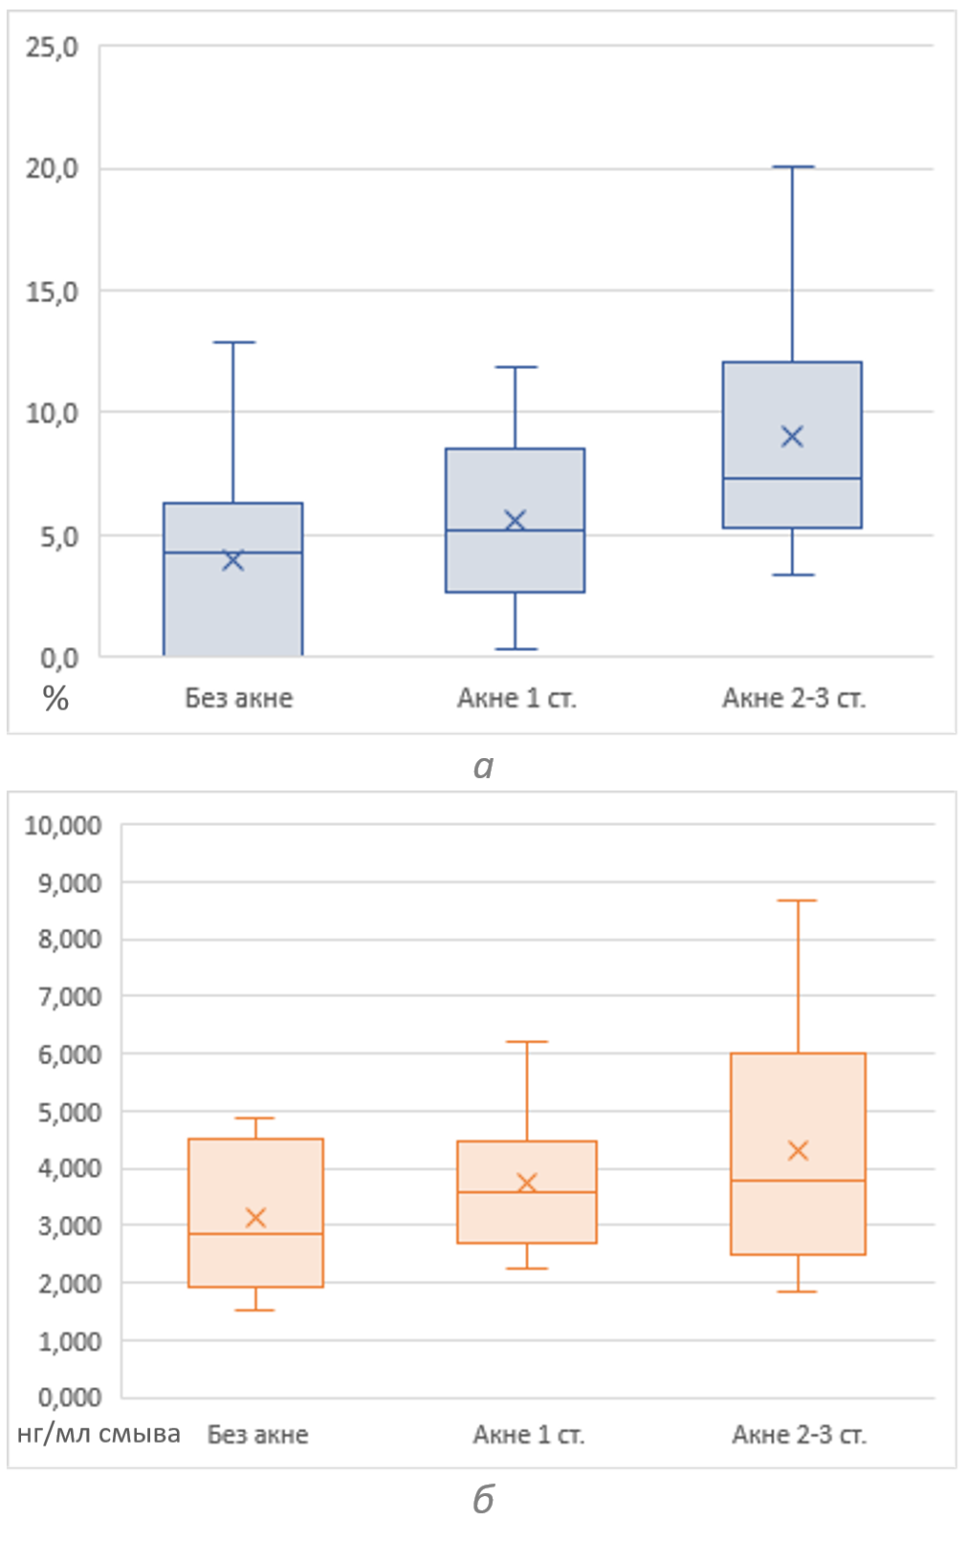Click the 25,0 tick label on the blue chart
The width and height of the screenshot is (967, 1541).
coord(52,47)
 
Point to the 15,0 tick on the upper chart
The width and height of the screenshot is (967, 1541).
coord(52,292)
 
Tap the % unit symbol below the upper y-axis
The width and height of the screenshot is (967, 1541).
coord(55,700)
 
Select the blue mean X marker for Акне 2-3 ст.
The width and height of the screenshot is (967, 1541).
coord(792,437)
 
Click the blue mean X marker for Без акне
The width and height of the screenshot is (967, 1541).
coord(233,560)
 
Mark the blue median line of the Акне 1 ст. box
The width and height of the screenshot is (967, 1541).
coord(515,531)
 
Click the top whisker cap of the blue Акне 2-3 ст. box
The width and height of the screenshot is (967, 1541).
coord(792,167)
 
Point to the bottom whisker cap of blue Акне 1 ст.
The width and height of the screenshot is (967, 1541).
coord(515,649)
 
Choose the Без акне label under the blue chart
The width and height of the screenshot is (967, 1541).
coord(238,699)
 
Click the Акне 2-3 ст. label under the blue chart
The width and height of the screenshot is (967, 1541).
coord(793,699)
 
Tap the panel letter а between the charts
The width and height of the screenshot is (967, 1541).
coord(483,766)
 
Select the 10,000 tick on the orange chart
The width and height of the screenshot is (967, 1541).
coord(63,826)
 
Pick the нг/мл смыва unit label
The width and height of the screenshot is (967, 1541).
coord(99,1434)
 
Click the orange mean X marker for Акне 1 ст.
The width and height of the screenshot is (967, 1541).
coord(527,1183)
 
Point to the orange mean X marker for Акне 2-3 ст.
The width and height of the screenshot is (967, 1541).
coord(798,1150)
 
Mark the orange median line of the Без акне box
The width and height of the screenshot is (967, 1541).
coord(255,1234)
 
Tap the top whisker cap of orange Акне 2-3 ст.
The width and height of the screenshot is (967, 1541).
coord(798,901)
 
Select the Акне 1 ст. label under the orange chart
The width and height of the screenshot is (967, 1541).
coord(528,1435)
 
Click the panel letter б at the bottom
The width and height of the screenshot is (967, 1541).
coord(483,1500)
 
